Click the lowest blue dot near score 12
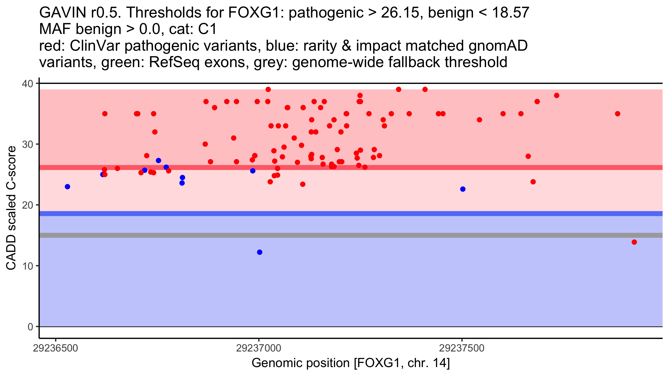pos(260,252)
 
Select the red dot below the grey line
pos(634,242)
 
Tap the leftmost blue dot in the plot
pos(67,187)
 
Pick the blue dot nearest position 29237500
pos(463,189)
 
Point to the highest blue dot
pos(158,160)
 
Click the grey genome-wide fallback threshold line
pos(351,235)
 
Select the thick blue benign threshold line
pos(351,214)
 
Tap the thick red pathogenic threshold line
pos(351,167)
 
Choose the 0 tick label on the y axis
pos(30,327)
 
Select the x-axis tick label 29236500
pos(55,348)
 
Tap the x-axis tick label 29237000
pos(259,348)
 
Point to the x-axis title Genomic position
pos(351,363)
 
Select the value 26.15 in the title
pos(400,13)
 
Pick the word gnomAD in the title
pos(498,46)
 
